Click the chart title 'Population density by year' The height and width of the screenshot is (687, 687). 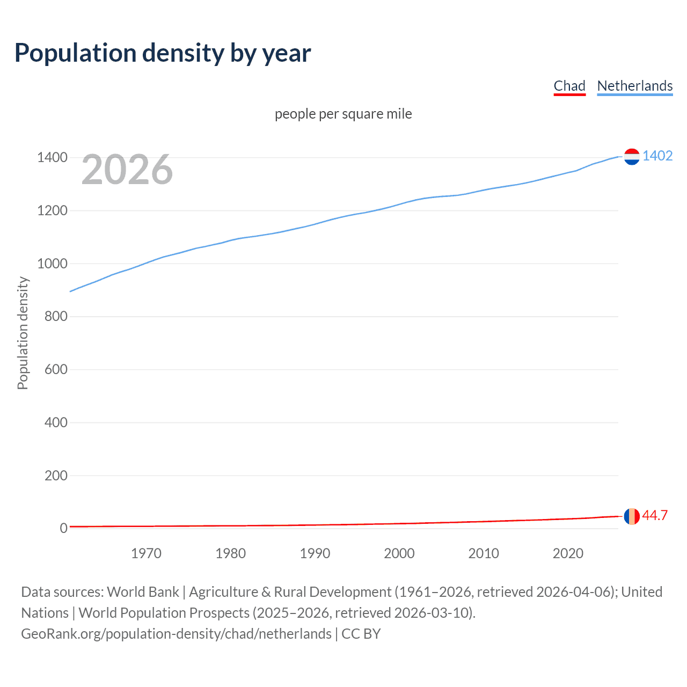point(163,53)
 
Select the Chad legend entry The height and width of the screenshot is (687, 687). point(569,86)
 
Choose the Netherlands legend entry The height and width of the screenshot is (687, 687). point(634,86)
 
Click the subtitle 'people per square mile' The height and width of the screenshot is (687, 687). point(343,114)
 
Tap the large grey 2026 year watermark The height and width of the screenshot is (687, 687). point(127,170)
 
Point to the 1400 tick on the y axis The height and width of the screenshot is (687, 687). point(52,158)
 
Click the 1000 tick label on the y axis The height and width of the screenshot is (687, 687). point(52,264)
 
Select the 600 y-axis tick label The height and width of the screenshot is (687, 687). point(56,369)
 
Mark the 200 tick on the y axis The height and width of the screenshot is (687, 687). point(56,476)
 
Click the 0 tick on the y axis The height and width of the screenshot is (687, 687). point(64,528)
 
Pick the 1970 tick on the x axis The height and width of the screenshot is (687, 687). point(146,553)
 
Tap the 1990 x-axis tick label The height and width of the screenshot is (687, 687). point(315,553)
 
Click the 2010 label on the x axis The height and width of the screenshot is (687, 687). point(484,553)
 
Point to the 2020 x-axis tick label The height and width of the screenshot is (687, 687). point(568,553)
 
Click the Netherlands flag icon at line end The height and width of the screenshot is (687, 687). point(632,157)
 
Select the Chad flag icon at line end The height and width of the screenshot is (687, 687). point(632,516)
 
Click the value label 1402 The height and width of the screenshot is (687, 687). point(657,156)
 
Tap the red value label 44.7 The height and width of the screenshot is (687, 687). point(655,516)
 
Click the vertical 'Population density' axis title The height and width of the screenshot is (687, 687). point(23,333)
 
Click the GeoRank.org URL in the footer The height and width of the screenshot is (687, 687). point(176,634)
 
